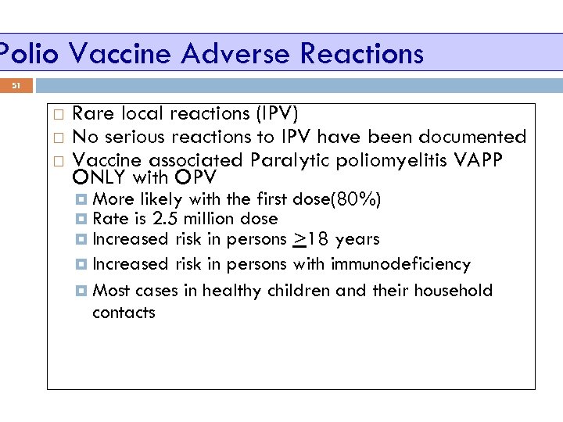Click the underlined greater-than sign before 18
[299, 239]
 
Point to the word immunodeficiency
[400, 264]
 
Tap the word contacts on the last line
[124, 313]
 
